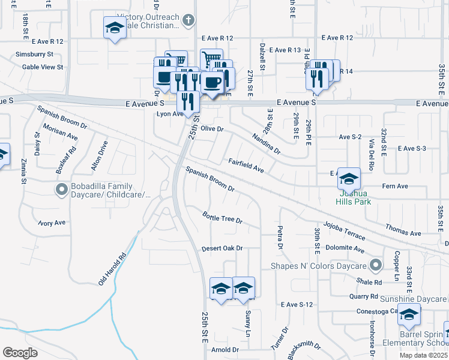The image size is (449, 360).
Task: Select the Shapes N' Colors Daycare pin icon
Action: click(x=376, y=265)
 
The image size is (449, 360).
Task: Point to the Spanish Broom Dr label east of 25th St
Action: click(x=209, y=178)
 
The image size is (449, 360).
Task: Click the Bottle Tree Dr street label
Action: click(x=222, y=217)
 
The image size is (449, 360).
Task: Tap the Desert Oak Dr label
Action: click(x=221, y=248)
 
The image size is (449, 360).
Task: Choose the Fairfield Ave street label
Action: click(x=246, y=166)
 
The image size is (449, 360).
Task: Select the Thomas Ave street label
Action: click(x=403, y=229)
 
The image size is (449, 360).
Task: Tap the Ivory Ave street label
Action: click(x=52, y=223)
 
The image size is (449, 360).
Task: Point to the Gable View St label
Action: click(x=43, y=67)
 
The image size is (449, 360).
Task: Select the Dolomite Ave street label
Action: click(x=345, y=248)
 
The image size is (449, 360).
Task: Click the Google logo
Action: click(x=20, y=353)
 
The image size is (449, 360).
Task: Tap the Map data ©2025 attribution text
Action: click(x=424, y=355)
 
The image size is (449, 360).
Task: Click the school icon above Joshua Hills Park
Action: click(x=349, y=178)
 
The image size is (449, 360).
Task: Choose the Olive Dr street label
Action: click(x=212, y=129)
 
